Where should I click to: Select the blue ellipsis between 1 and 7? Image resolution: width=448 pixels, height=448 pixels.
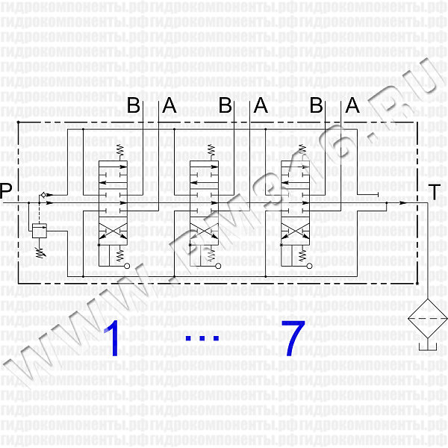pyautogui.click(x=202, y=338)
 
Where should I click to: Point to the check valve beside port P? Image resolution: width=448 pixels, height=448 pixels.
pyautogui.click(x=43, y=195)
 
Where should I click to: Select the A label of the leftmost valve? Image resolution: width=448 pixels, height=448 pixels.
pyautogui.click(x=169, y=105)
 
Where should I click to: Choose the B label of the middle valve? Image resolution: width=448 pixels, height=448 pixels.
pyautogui.click(x=225, y=105)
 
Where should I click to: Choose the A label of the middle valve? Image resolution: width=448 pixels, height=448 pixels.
pyautogui.click(x=261, y=105)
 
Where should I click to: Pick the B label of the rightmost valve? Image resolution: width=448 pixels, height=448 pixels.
pyautogui.click(x=317, y=105)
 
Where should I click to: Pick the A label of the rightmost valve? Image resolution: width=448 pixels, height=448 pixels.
pyautogui.click(x=352, y=105)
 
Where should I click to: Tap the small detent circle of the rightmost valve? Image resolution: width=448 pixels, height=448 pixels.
pyautogui.click(x=310, y=266)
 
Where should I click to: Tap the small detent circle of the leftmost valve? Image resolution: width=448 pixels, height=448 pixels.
pyautogui.click(x=127, y=266)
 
